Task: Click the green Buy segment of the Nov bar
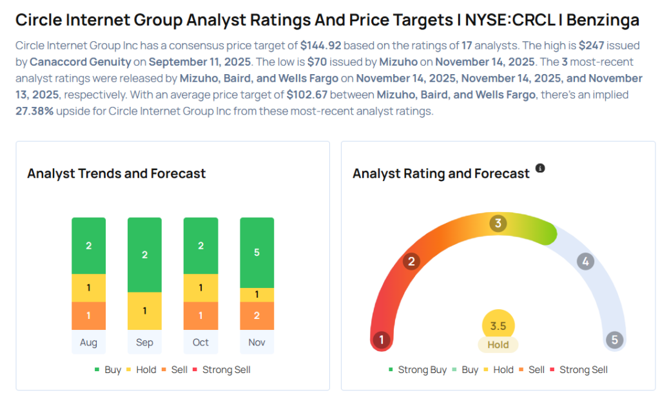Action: click(257, 252)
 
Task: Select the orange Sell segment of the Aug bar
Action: click(88, 316)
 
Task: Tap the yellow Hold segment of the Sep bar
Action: click(144, 311)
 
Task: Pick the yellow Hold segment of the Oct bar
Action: click(200, 288)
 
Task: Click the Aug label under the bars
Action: click(88, 342)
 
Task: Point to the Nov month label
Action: click(257, 342)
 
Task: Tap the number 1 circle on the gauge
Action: click(382, 340)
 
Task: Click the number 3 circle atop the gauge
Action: click(497, 224)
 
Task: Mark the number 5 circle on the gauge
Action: click(614, 340)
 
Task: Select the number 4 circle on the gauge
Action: click(585, 262)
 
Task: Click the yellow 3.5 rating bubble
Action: click(498, 325)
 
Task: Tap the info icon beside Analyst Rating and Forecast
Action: click(540, 168)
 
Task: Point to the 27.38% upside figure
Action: click(36, 110)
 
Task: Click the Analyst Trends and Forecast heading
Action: click(116, 173)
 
